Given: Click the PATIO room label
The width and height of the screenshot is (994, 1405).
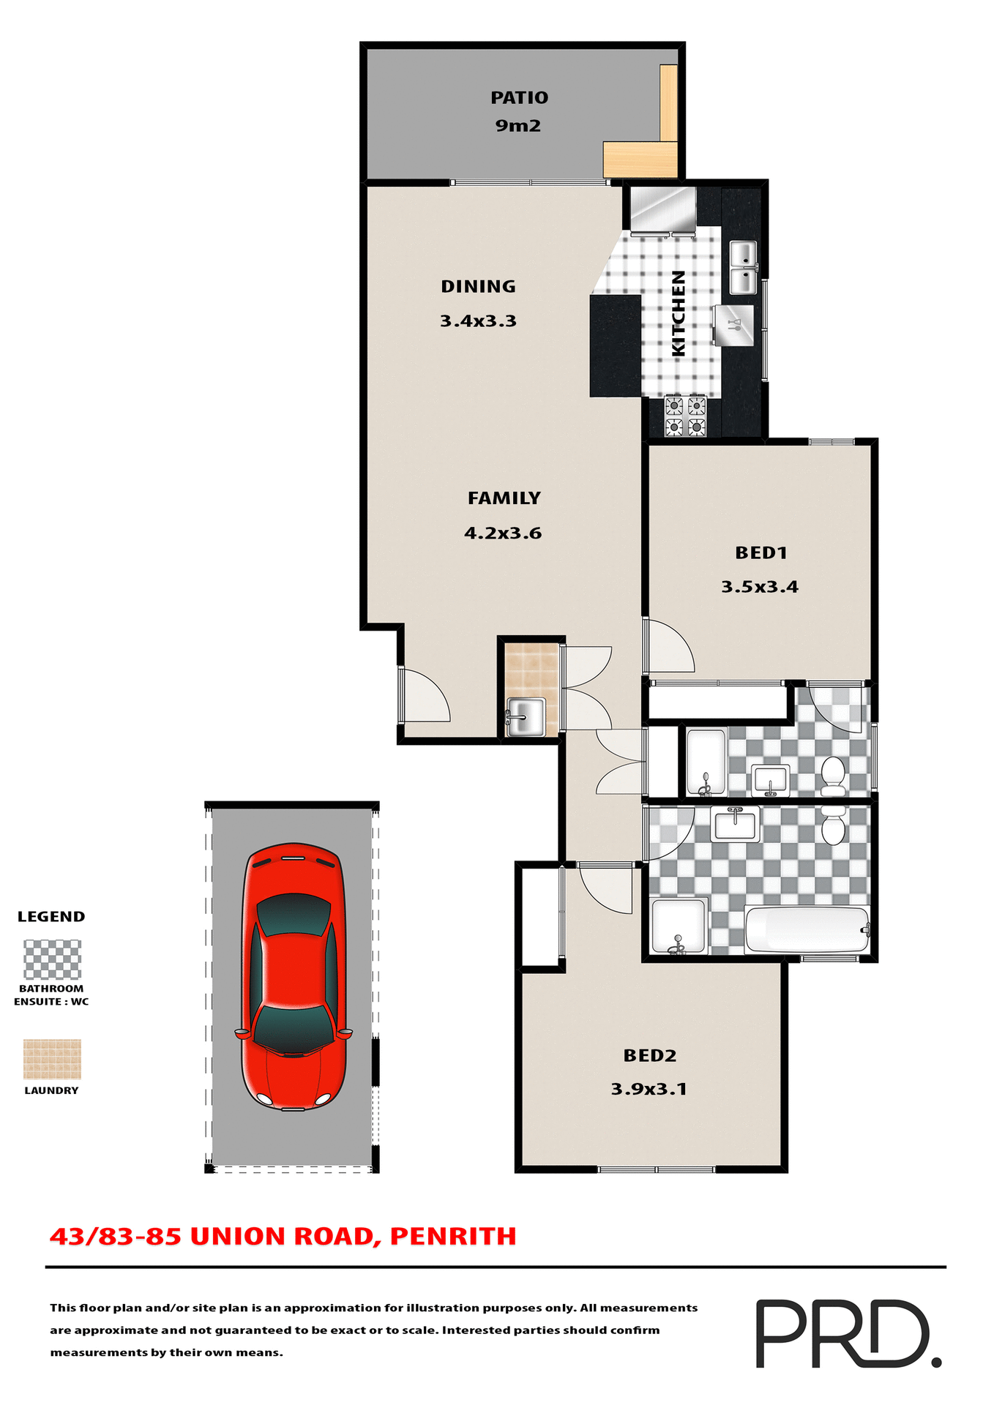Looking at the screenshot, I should click(x=519, y=97).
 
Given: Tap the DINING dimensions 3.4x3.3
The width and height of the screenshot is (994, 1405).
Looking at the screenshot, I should click(x=478, y=321).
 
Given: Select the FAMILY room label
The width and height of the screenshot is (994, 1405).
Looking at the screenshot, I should click(x=504, y=498).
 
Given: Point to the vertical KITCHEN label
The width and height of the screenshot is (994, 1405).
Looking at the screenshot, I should click(x=679, y=313).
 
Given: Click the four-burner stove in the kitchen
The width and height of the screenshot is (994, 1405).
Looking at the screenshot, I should click(x=685, y=416).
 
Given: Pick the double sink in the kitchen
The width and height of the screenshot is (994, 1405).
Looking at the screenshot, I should click(x=743, y=268).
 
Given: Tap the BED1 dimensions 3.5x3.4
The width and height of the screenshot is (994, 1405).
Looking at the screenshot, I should click(x=760, y=587).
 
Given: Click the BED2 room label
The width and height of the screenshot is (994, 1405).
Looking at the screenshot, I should click(x=650, y=1055).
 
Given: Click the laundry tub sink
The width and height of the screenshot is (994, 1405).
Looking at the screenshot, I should click(x=526, y=717).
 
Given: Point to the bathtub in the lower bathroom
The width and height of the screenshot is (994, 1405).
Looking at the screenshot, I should click(x=806, y=930).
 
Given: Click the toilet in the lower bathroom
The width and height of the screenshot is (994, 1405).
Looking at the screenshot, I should click(x=834, y=827).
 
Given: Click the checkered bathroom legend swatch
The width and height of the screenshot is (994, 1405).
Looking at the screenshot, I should click(x=52, y=960).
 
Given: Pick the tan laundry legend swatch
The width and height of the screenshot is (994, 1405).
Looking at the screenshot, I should click(x=52, y=1059).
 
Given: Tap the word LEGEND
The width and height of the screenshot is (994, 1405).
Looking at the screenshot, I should click(x=51, y=917).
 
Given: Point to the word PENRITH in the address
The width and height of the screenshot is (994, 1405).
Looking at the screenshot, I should click(x=453, y=1237).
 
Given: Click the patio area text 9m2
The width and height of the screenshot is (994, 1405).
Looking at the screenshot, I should click(x=518, y=126).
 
